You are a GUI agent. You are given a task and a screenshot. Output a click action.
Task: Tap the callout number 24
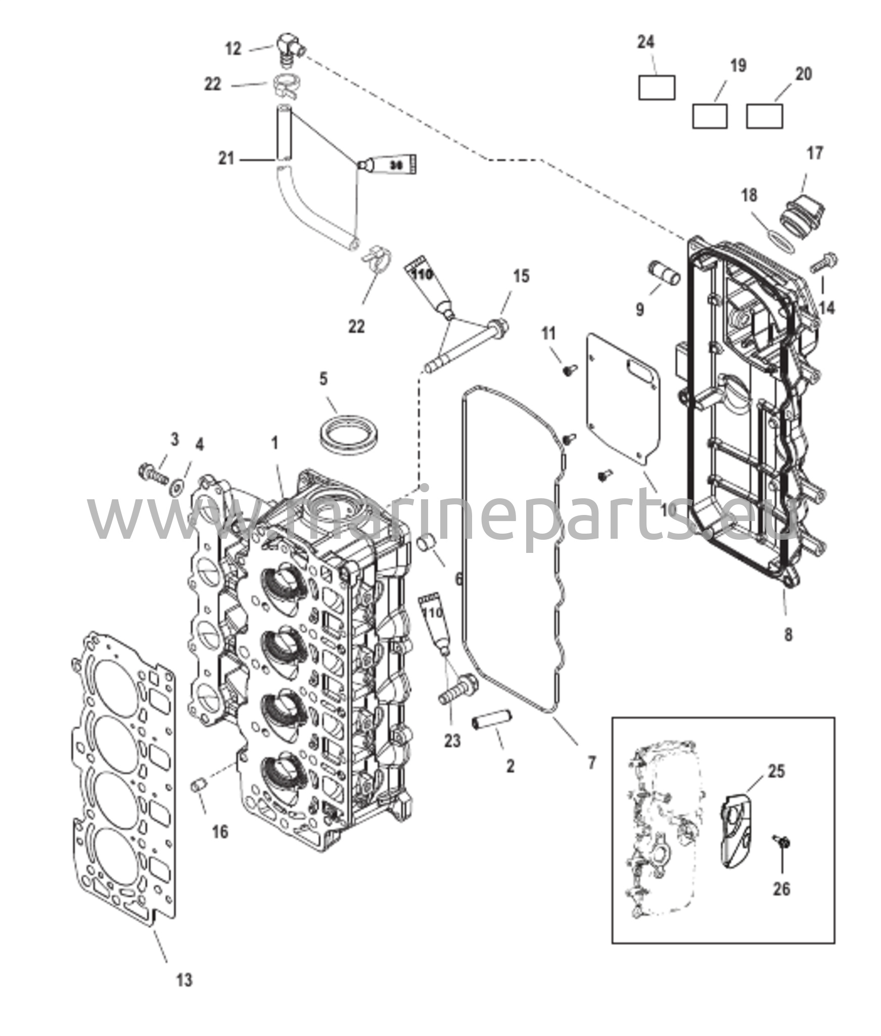pos(645,42)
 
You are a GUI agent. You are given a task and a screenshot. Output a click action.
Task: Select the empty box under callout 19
pos(710,116)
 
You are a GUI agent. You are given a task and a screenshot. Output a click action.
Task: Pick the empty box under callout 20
pos(765,116)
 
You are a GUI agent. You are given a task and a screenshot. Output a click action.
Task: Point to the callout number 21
pos(226,158)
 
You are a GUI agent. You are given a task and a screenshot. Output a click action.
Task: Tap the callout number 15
pos(521,276)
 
